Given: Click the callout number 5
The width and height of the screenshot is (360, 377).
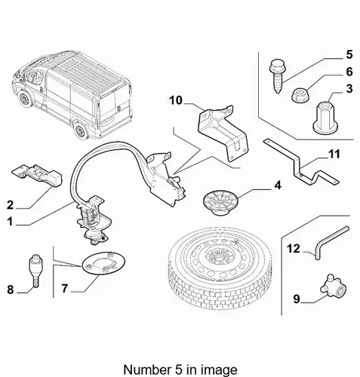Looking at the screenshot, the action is (x=349, y=55).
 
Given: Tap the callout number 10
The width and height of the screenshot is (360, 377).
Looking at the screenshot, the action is (x=176, y=100).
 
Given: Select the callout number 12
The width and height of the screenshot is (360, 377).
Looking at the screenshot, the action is (x=294, y=249).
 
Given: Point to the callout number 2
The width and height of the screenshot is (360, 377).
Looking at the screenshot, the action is (x=10, y=205).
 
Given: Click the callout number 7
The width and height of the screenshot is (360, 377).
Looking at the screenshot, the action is (x=65, y=288).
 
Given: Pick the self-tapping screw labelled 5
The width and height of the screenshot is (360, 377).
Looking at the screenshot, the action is (x=276, y=76).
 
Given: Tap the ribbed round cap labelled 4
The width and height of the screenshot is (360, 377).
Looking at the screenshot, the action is (x=220, y=202).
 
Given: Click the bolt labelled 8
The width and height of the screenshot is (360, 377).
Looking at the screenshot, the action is (x=36, y=271).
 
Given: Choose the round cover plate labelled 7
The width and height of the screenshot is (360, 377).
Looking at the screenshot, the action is (x=103, y=263).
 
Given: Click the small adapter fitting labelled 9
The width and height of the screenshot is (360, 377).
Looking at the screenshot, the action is (x=332, y=287).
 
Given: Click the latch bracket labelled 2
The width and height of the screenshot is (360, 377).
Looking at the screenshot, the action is (x=37, y=175).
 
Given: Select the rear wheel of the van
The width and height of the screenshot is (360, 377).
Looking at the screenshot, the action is (x=81, y=130).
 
